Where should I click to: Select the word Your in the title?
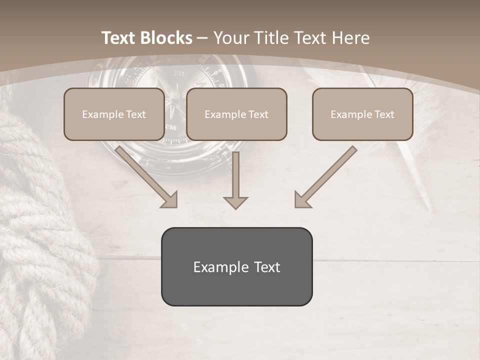232,38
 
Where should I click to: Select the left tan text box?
114,114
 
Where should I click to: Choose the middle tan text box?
236,114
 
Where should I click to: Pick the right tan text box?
362,114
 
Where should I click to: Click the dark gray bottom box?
236,266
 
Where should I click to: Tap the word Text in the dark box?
266,267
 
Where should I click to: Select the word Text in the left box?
135,114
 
